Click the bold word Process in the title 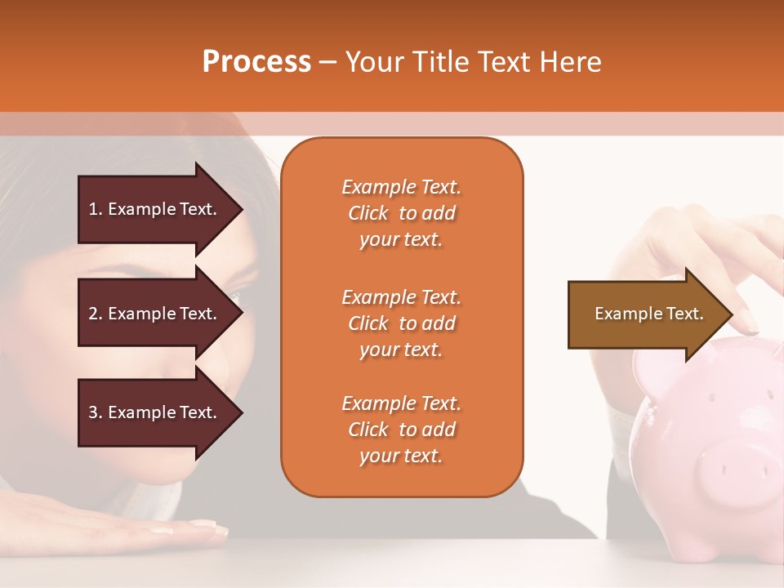coord(256,62)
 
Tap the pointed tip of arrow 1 coord(241,209)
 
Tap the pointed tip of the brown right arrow coord(733,314)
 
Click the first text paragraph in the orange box coord(401,213)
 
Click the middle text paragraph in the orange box coord(401,323)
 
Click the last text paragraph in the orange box coord(401,430)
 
